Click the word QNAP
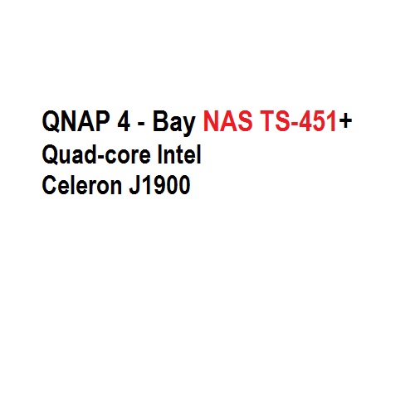coord(76,121)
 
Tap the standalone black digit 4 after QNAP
coord(124,121)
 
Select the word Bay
coord(174,124)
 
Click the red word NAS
coord(227,121)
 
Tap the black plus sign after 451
coord(345,121)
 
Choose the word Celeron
coord(82,185)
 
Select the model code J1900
coord(159,185)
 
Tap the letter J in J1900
coord(134,185)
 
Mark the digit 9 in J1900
coord(160,185)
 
